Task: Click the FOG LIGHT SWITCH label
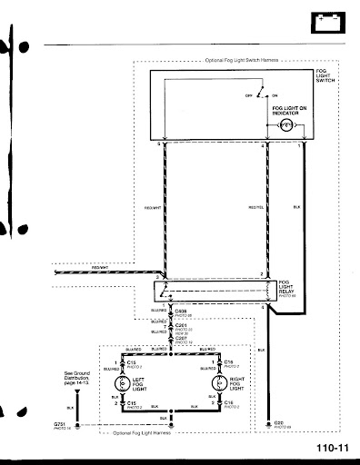point(326,75)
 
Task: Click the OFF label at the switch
point(247,95)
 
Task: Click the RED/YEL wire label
point(255,208)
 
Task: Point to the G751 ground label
point(61,423)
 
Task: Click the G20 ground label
point(278,423)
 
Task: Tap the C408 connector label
point(180,310)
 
